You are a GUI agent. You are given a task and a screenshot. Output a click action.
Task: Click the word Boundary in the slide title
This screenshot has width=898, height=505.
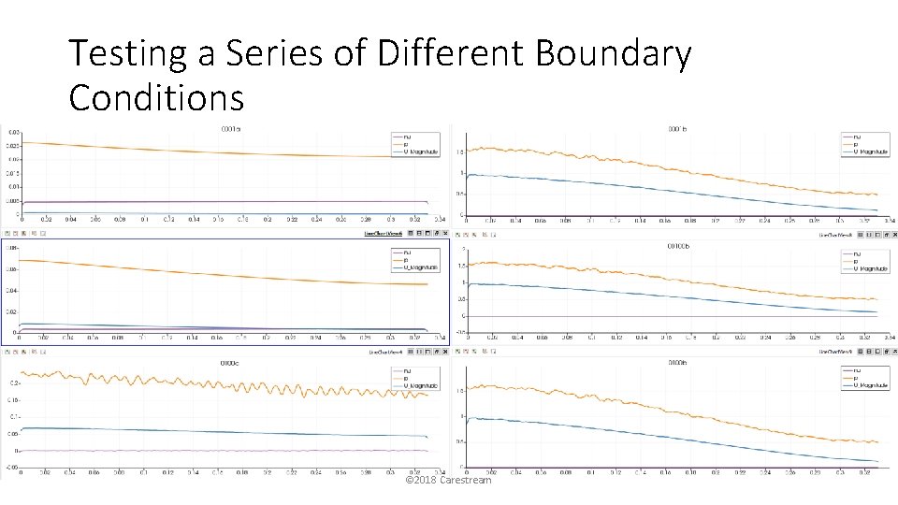[x=613, y=54]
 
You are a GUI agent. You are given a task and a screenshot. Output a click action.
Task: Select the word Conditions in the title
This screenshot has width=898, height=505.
[x=156, y=96]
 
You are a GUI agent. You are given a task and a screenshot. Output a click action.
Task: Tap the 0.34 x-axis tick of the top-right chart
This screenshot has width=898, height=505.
[x=888, y=221]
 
